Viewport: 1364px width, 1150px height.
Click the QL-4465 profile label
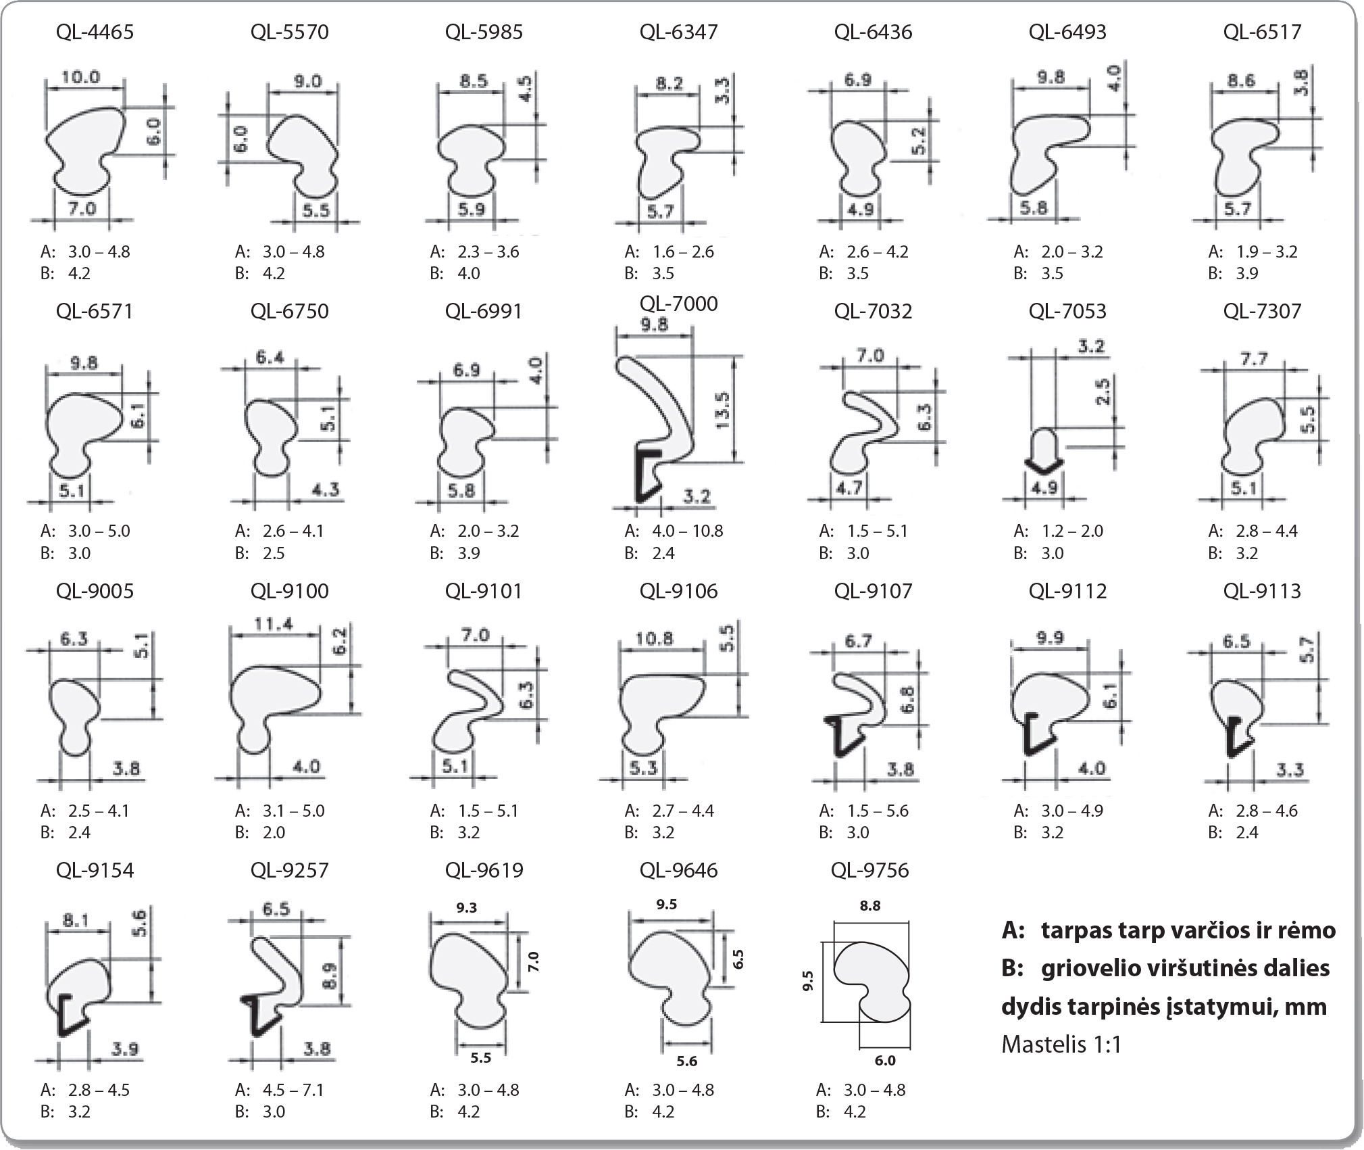95,32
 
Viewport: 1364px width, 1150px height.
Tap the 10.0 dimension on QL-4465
80,76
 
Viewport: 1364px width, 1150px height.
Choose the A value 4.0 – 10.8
688,531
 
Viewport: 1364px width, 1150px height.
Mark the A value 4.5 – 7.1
293,1090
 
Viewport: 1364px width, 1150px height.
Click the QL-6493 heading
1067,32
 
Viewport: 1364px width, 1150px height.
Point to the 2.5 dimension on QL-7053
1103,391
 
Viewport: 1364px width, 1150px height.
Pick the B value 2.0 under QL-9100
274,832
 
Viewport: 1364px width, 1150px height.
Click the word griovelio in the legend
1088,968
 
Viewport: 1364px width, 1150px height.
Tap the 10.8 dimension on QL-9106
655,638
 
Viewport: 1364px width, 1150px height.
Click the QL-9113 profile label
1262,591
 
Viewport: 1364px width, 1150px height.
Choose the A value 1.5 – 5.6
877,811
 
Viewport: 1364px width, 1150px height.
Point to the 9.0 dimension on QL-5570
307,81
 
